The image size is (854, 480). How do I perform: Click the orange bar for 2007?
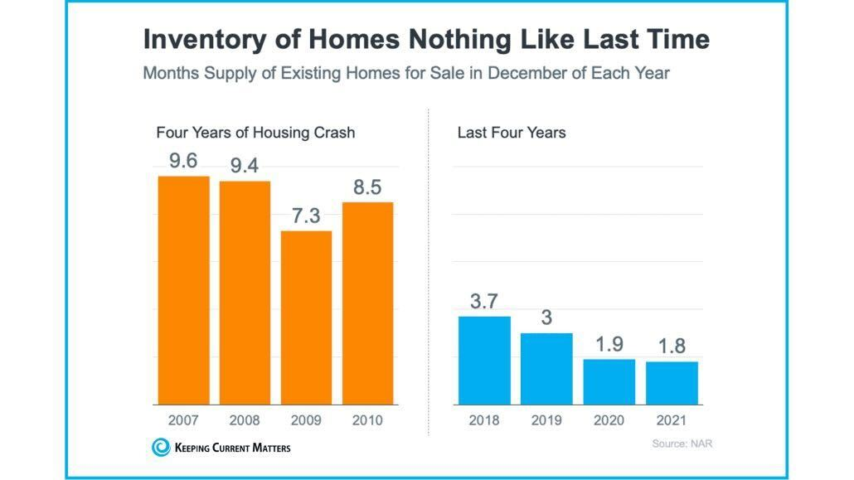[183, 290]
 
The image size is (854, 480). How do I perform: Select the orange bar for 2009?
[306, 318]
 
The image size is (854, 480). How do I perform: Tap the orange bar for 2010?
[367, 303]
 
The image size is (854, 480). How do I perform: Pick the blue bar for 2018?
[484, 360]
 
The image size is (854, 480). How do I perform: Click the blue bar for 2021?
[672, 383]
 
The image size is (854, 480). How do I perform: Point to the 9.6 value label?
[183, 161]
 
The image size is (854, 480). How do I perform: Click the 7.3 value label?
[306, 216]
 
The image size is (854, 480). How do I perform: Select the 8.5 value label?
[367, 187]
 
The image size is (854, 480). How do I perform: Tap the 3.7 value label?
[484, 301]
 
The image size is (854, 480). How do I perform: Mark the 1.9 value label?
[609, 344]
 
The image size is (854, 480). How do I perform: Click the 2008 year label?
[245, 420]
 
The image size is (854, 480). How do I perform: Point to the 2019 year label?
[546, 420]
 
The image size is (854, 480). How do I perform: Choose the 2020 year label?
[609, 420]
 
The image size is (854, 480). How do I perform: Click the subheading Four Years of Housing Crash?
[255, 133]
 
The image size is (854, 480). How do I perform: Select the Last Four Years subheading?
[512, 133]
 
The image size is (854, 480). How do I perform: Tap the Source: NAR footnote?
[682, 444]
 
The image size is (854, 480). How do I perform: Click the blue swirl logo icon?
[160, 448]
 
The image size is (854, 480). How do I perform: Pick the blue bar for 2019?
[546, 369]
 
